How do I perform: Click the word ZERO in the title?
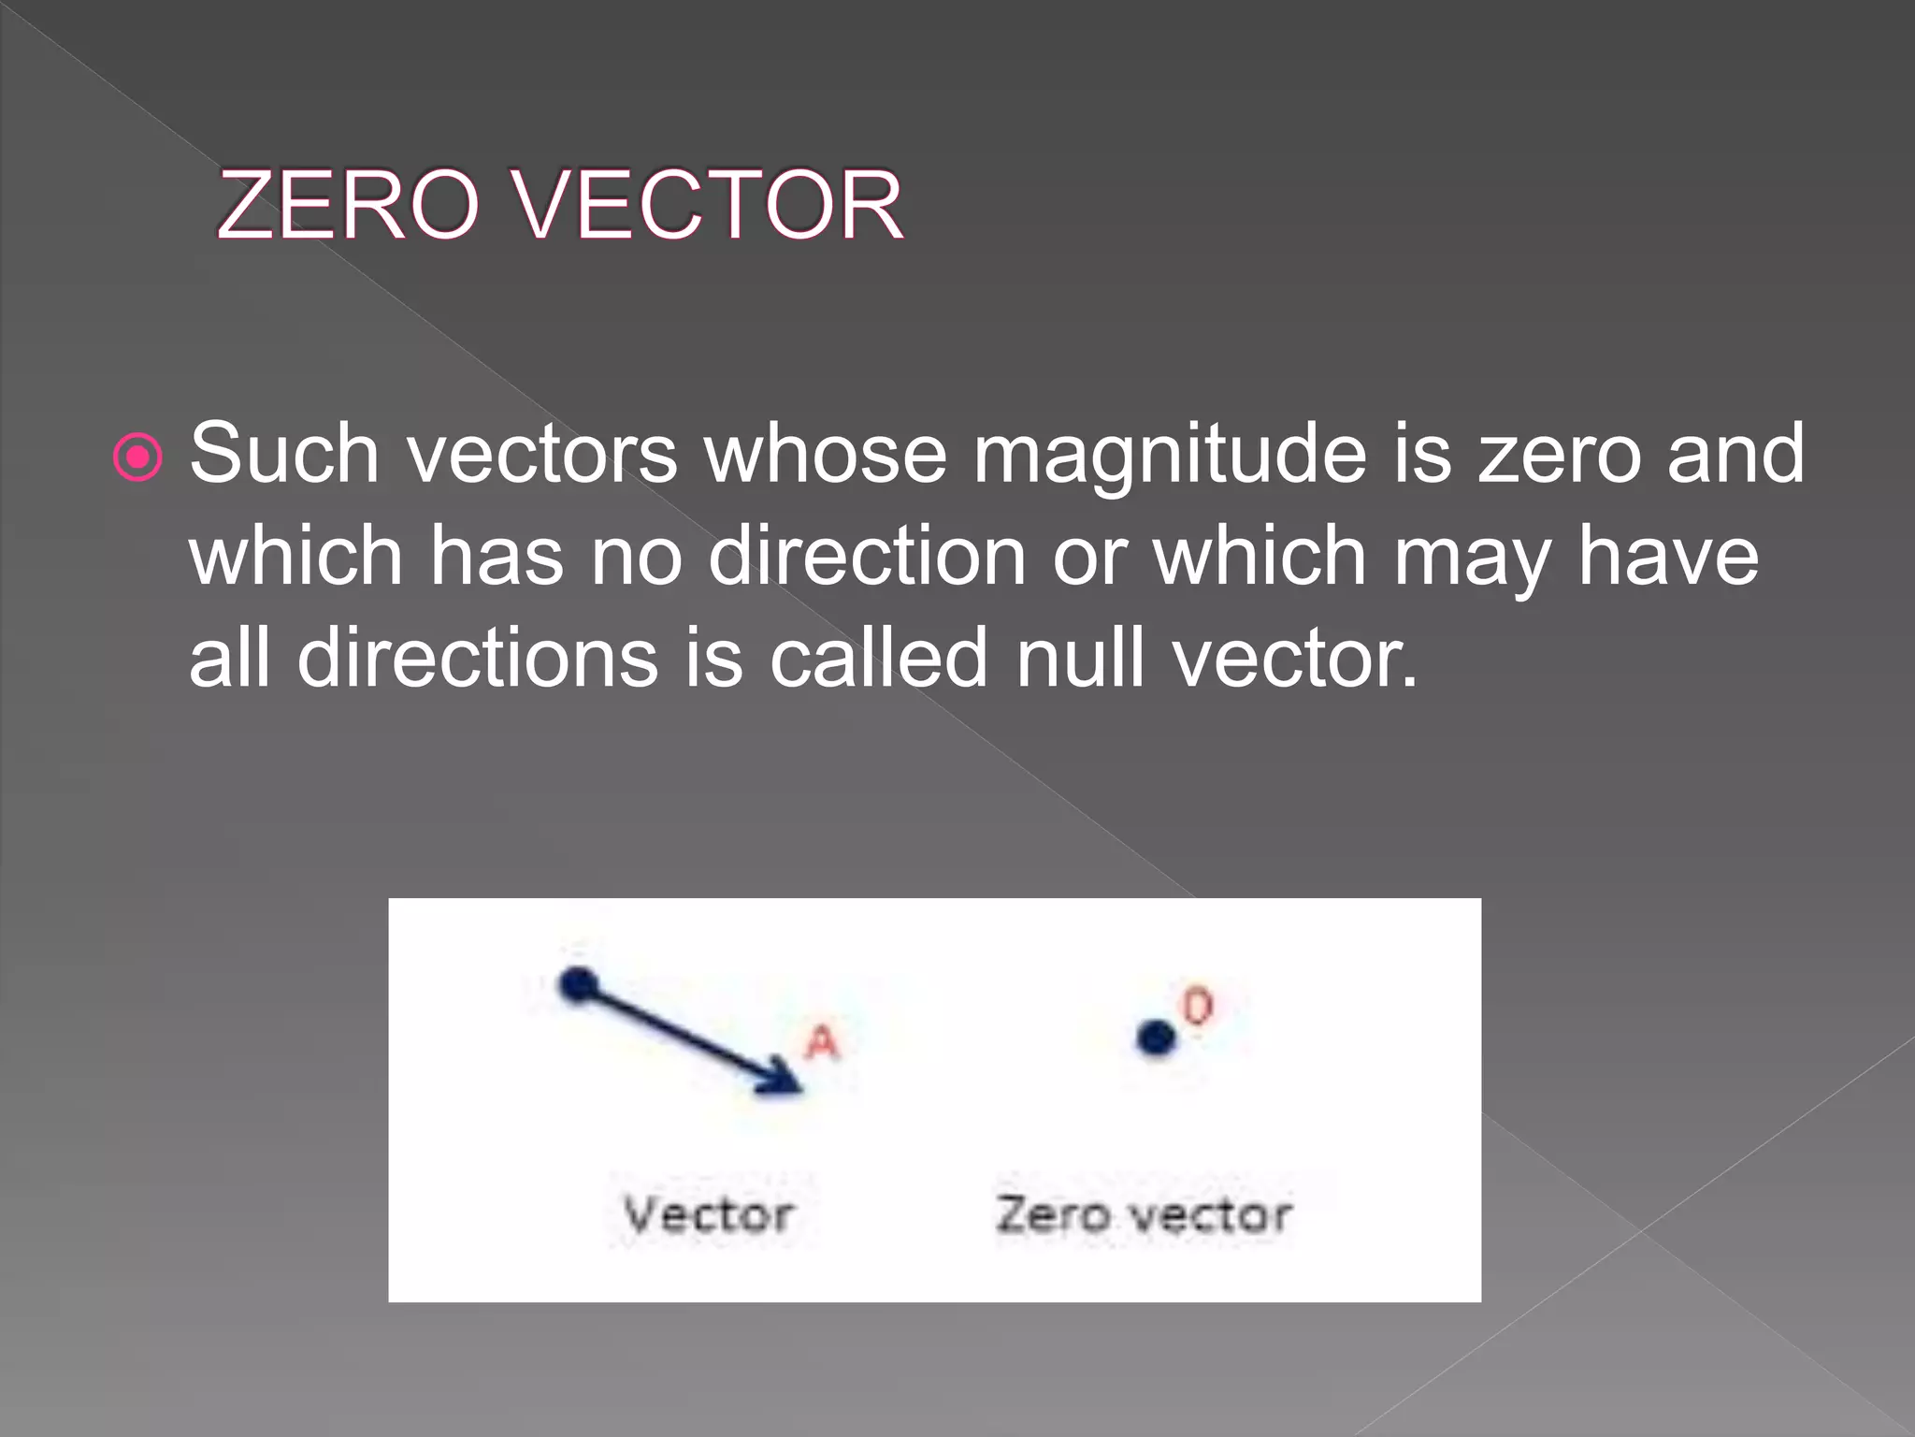point(348,205)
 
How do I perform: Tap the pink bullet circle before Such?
point(138,457)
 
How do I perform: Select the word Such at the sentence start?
point(284,454)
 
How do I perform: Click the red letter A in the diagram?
point(823,1042)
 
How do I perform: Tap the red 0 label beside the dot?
point(1198,1007)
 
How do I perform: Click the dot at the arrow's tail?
point(578,985)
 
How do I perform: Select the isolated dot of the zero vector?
point(1157,1038)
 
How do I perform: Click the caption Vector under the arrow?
point(709,1215)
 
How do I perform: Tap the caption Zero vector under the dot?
point(1144,1215)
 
